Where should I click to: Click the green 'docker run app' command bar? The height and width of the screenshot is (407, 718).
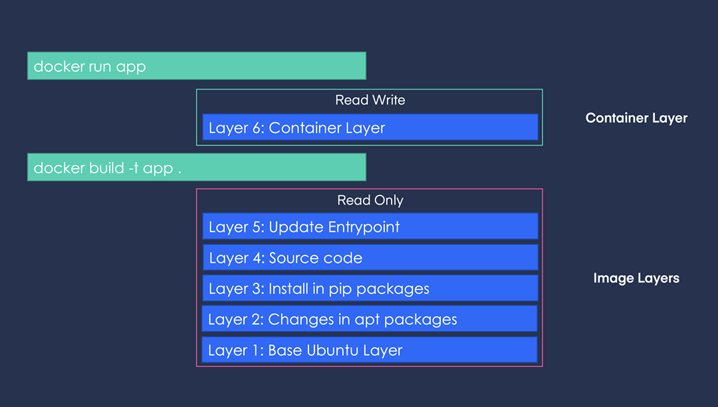point(196,66)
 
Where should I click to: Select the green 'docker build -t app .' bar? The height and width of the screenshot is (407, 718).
point(196,167)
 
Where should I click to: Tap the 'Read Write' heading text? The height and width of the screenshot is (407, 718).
point(370,100)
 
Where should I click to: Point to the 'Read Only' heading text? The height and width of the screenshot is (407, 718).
point(370,200)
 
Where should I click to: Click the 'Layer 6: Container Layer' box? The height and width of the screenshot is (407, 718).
point(370,127)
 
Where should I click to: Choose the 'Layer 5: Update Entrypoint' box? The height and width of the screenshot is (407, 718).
point(370,227)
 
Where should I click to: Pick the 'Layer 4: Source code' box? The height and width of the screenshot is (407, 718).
point(370,257)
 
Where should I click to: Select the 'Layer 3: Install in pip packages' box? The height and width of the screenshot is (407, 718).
point(370,289)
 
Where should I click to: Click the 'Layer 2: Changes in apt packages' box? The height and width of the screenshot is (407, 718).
point(370,319)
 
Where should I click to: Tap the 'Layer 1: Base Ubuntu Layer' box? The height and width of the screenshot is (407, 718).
point(370,350)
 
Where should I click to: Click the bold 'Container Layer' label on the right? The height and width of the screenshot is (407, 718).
point(636,118)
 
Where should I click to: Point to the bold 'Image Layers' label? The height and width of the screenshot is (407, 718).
point(636,279)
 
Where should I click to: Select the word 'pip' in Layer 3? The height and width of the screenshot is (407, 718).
point(341,289)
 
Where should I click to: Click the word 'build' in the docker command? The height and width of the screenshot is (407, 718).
point(103,168)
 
